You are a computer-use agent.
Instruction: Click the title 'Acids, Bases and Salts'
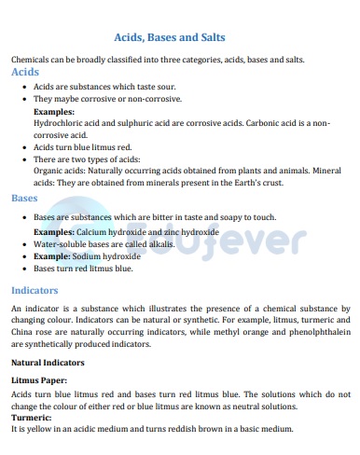(x=169, y=37)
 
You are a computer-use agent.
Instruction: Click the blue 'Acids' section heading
(x=24, y=71)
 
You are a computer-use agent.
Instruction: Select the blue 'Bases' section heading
(x=24, y=198)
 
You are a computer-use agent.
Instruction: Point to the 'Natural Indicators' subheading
(x=48, y=362)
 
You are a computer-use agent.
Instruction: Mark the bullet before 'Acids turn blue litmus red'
(x=22, y=146)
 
